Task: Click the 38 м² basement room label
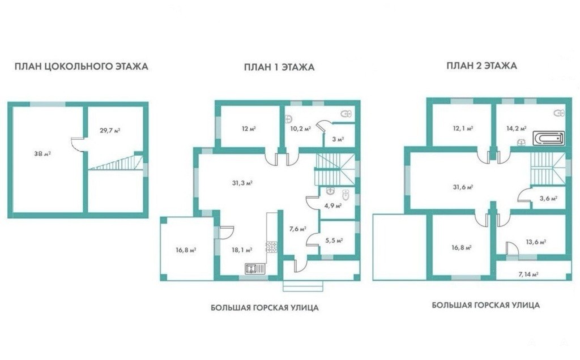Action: click(42, 153)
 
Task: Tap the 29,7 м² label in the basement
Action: click(110, 130)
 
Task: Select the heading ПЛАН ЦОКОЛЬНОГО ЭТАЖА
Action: click(82, 67)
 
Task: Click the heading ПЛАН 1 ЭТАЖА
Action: click(279, 67)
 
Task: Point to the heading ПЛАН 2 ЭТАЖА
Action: click(481, 66)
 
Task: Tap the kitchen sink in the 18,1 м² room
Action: click(255, 268)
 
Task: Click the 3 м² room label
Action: click(338, 139)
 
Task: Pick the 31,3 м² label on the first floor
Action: click(242, 183)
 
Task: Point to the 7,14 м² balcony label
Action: click(528, 275)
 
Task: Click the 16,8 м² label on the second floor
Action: click(461, 247)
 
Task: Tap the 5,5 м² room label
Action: click(334, 240)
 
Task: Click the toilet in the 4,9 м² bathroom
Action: click(346, 194)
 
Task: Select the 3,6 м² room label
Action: click(548, 198)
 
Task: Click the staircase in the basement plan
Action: click(116, 162)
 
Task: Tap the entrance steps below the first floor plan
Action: click(304, 285)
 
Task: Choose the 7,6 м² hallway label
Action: click(297, 229)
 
